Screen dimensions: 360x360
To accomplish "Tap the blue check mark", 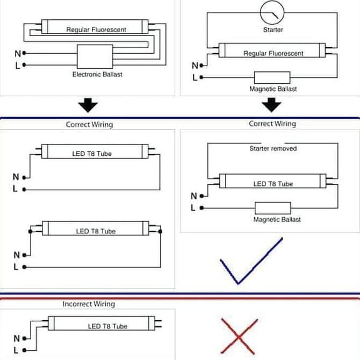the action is pos(251,261).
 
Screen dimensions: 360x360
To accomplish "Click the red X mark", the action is pos(239,336).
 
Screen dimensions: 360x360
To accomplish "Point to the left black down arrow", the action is pos(88,105).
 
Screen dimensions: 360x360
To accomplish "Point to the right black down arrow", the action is pos(271,105).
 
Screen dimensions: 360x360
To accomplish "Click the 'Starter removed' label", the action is pos(273,148).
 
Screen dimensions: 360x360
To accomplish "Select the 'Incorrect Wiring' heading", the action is pos(89,304).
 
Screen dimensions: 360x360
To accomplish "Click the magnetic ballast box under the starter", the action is pos(272,77).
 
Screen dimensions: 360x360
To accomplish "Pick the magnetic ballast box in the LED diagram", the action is pos(273,208).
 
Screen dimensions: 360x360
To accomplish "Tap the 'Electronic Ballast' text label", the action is pos(97,74).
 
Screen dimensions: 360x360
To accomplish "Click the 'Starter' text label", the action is pos(273,30).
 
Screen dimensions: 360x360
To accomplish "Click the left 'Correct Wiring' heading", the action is pos(89,125).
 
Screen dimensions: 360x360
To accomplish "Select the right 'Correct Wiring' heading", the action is pos(272,124).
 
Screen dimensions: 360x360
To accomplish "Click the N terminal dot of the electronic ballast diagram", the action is pos(24,53).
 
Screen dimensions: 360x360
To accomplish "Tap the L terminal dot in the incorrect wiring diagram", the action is pos(24,350).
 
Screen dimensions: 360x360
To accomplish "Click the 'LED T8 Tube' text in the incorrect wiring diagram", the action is pos(107,326).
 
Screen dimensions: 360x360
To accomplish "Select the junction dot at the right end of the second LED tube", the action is pos(160,232).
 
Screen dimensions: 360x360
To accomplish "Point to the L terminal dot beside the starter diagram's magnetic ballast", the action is pos(201,77).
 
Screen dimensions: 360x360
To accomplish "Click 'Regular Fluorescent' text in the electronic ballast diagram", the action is pos(96,30).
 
